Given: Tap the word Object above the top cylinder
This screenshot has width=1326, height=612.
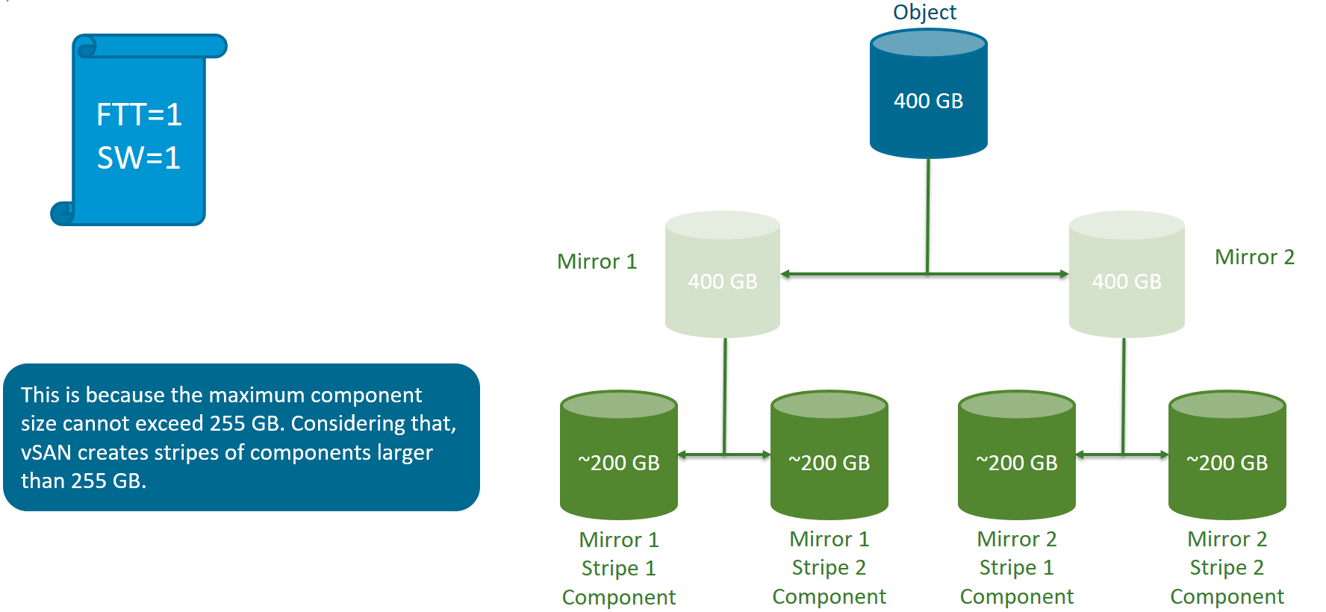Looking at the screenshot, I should [924, 12].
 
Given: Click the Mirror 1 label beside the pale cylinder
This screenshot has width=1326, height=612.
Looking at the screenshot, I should [597, 261].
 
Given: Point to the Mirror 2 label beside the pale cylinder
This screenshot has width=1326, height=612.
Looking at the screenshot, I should [1254, 257].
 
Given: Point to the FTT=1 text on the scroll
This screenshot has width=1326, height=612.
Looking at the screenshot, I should [139, 115].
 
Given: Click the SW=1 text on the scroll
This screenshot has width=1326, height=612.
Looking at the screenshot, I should [139, 158].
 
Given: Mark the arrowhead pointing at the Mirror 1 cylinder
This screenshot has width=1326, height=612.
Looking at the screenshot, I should [785, 274].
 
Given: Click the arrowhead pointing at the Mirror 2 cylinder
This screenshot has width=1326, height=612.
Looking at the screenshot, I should [1064, 274].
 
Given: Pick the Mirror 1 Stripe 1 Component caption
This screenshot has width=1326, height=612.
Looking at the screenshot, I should [619, 568].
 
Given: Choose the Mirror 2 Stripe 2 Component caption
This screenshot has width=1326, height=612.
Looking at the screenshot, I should [1227, 567].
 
